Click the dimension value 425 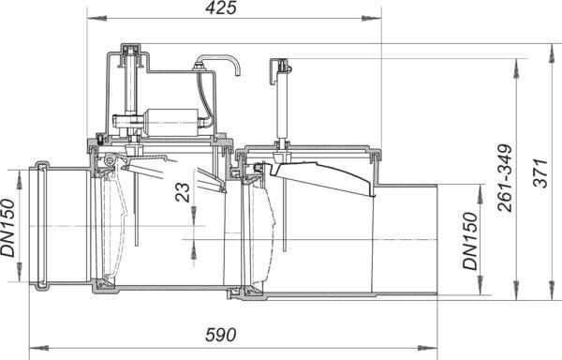coord(221,7)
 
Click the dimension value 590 coord(221,335)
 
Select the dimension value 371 coord(540,173)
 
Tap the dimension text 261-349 coord(506,178)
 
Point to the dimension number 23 coord(183,192)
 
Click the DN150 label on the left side coord(7,228)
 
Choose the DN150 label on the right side coord(470,241)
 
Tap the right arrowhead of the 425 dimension coord(372,18)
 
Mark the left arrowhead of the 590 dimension coord(38,348)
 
